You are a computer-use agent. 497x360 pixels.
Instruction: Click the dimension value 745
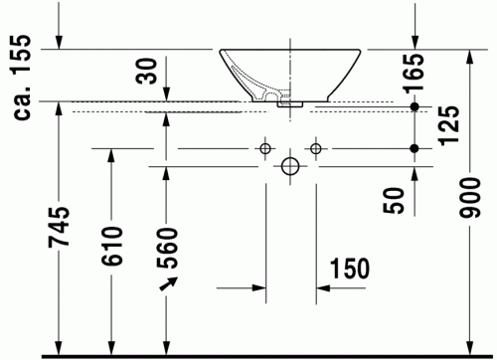(59, 227)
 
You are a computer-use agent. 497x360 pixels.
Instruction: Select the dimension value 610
(111, 246)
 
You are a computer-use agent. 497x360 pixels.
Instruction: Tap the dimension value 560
(167, 248)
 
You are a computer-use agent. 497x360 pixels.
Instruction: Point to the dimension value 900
(469, 198)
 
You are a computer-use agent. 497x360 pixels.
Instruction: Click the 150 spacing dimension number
(350, 269)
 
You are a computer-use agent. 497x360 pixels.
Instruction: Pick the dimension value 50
(394, 200)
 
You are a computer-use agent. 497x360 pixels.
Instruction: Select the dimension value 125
(449, 125)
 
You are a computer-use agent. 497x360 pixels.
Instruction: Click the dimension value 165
(413, 72)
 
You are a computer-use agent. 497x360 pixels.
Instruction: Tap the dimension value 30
(146, 71)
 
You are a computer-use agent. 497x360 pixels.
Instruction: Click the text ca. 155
(22, 77)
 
